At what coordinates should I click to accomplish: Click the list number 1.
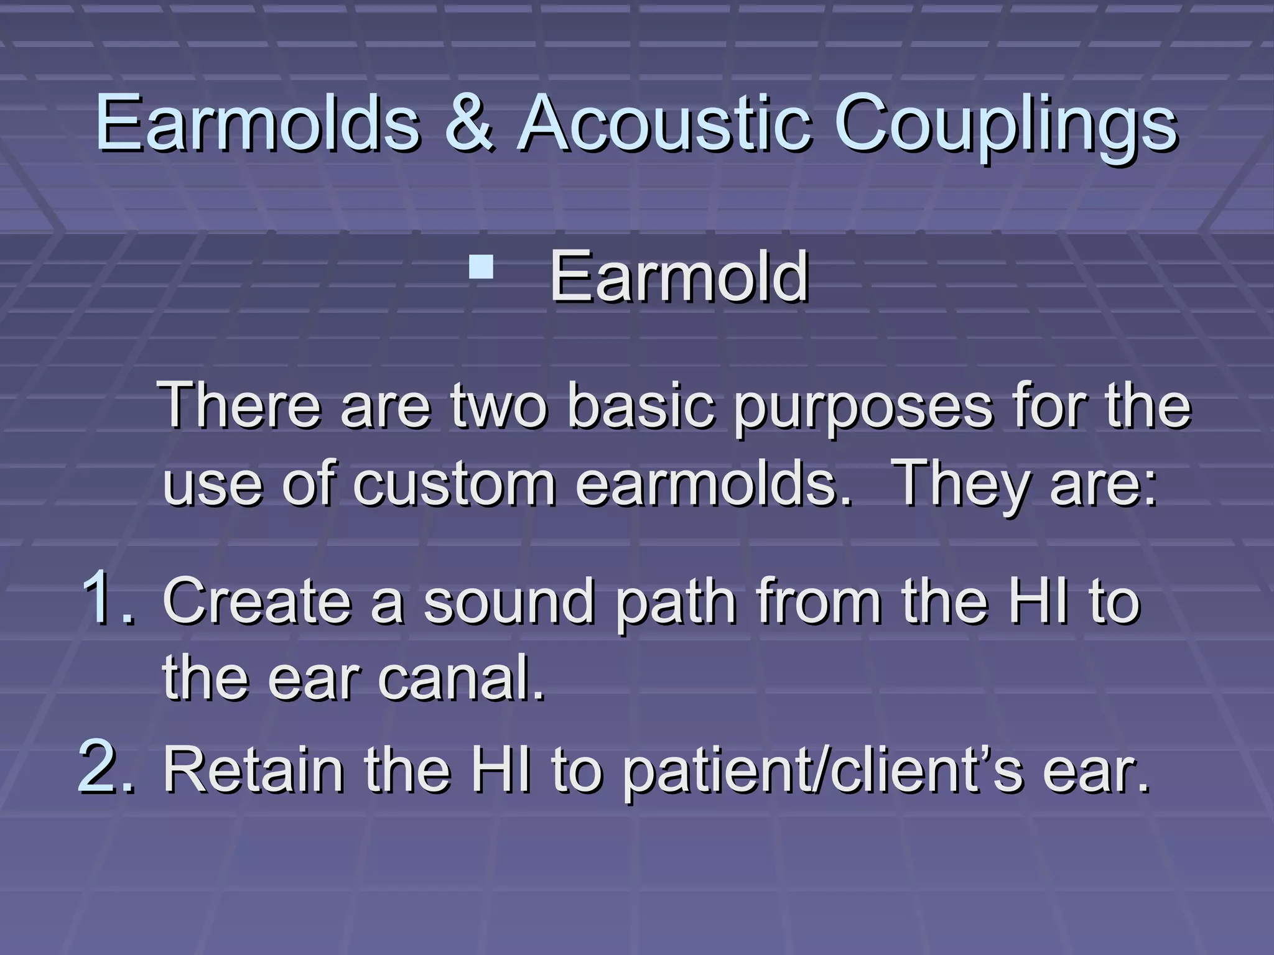106,598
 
